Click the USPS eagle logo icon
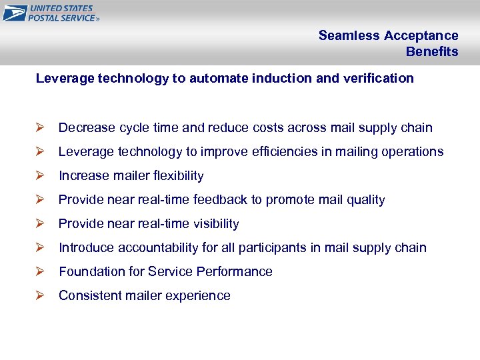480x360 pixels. [x=15, y=13]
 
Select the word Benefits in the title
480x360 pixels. [x=432, y=52]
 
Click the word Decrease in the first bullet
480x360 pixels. [x=87, y=128]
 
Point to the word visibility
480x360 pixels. [x=213, y=224]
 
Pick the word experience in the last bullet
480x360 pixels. [x=197, y=296]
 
